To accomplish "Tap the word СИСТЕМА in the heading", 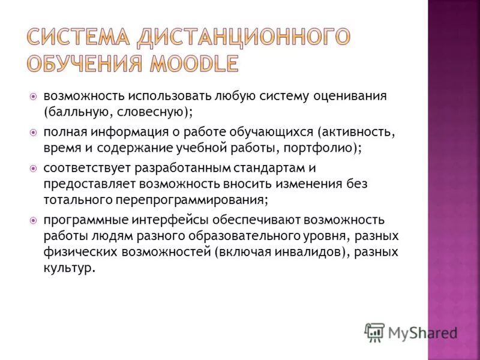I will pos(78,37).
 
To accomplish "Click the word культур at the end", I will pos(68,266).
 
